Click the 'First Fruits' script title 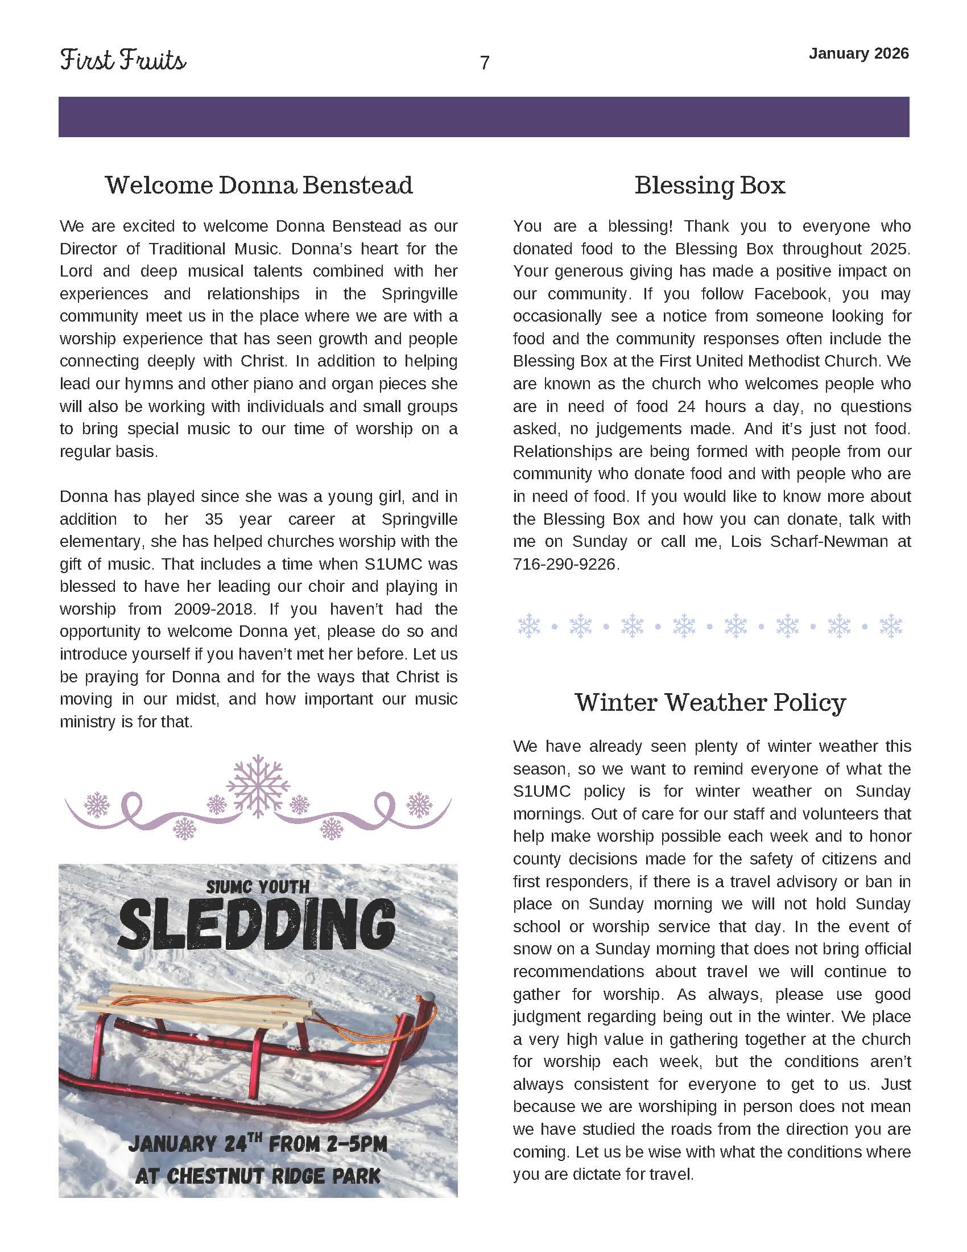[x=123, y=61]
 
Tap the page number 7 [x=484, y=63]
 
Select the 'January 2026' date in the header [x=858, y=54]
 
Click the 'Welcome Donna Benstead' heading [x=259, y=185]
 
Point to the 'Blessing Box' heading [x=710, y=185]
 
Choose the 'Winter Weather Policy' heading [x=710, y=702]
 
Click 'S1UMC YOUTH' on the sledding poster [x=258, y=888]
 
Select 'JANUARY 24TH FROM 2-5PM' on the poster [x=258, y=1144]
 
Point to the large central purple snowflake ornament [x=258, y=785]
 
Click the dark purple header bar [x=483, y=117]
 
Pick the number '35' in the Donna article [x=214, y=520]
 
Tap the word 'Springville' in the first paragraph [x=419, y=294]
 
